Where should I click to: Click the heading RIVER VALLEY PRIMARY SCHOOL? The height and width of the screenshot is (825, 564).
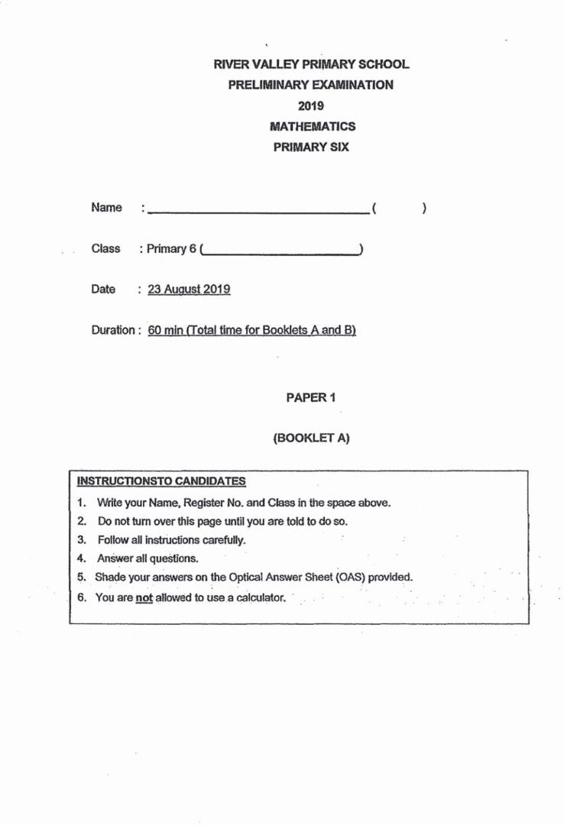tap(311, 65)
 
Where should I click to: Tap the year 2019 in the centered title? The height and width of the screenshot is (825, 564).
tap(311, 106)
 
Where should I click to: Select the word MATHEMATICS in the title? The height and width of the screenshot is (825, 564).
tap(312, 127)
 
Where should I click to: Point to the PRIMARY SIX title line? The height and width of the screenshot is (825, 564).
tap(311, 147)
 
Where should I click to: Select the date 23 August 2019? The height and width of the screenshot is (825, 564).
tap(189, 290)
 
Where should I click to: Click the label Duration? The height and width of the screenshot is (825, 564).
tap(114, 331)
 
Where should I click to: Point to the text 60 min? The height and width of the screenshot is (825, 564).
tap(165, 331)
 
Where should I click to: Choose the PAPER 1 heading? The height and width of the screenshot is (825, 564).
tap(311, 397)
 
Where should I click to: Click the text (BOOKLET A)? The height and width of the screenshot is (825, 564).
tap(311, 438)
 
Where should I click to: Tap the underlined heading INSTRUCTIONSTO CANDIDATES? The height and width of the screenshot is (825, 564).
tap(161, 481)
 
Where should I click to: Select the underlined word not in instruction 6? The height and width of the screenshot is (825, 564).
tap(144, 598)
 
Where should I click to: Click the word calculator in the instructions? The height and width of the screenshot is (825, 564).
tap(260, 597)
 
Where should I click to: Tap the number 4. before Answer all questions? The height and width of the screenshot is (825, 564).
tap(82, 558)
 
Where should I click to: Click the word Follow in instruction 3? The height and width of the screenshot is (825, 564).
tap(112, 540)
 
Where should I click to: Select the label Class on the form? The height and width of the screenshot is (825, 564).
tap(105, 248)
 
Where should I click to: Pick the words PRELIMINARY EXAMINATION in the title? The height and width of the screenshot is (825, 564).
tap(311, 86)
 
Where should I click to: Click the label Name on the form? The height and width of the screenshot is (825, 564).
tap(106, 208)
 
